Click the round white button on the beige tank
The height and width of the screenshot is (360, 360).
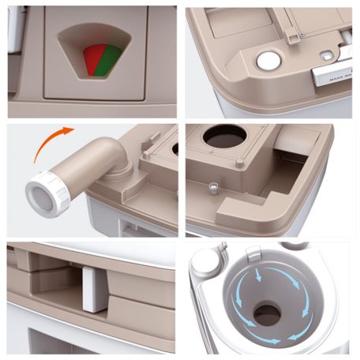[x=269, y=61]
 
